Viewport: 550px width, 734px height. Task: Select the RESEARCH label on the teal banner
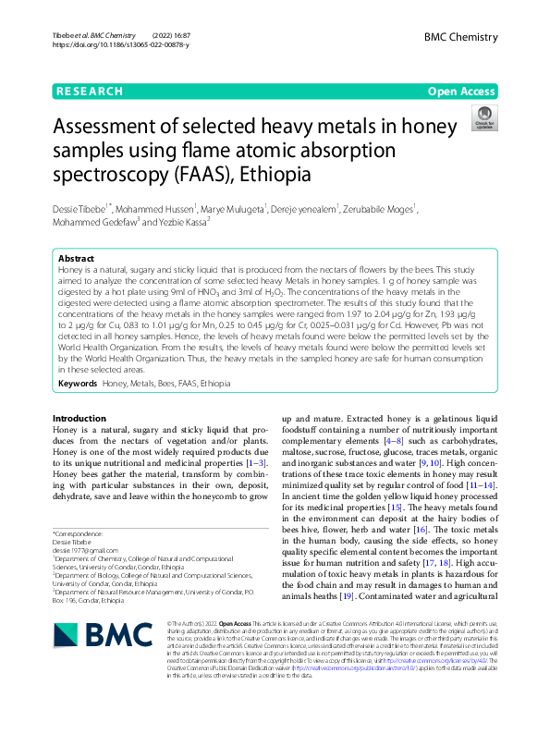[x=89, y=92]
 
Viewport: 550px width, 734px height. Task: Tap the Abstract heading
[x=76, y=259]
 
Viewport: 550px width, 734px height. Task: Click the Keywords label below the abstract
[x=77, y=383]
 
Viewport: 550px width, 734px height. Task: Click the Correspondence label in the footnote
[x=79, y=534]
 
